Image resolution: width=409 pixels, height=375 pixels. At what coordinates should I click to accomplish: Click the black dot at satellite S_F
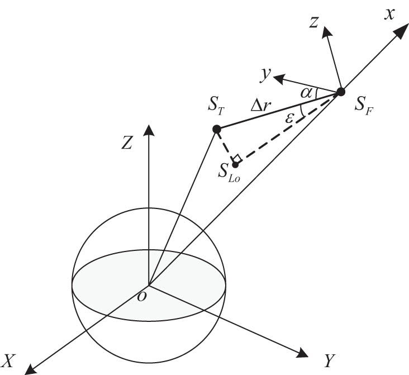[x=340, y=92]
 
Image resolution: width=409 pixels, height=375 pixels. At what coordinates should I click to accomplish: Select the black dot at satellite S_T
[x=217, y=130]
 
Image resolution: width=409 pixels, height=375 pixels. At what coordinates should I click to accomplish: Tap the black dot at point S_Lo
[x=235, y=164]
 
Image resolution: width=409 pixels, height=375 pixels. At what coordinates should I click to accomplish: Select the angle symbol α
[x=306, y=92]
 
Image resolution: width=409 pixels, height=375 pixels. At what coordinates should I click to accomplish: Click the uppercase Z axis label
[x=127, y=144]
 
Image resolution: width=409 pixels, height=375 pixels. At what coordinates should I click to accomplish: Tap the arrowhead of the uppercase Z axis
[x=148, y=129]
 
